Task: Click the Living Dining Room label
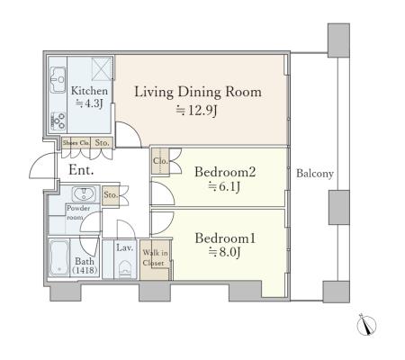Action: click(198, 92)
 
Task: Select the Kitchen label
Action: click(89, 91)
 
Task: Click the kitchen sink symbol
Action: click(58, 80)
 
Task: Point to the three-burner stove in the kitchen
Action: click(58, 121)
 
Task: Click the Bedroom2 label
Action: click(225, 172)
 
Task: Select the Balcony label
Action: click(315, 174)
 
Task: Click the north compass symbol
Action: click(366, 325)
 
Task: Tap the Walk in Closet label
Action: click(155, 258)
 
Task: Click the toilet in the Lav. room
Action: click(125, 269)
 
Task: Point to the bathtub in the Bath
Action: click(59, 257)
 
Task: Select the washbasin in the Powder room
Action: click(84, 194)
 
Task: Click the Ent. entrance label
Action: click(81, 170)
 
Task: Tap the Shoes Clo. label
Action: click(76, 143)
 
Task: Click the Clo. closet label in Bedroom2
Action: click(160, 161)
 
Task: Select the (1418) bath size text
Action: click(85, 270)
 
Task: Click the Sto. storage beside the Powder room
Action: click(111, 195)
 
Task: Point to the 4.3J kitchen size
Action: click(89, 103)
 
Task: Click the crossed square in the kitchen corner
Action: click(102, 68)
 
